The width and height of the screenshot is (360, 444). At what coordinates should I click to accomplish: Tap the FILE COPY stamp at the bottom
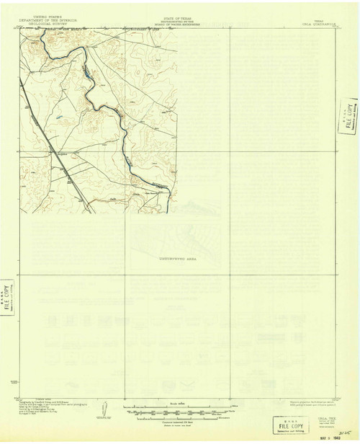[286, 424]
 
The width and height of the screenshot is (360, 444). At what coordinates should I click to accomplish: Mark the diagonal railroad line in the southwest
[72, 180]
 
